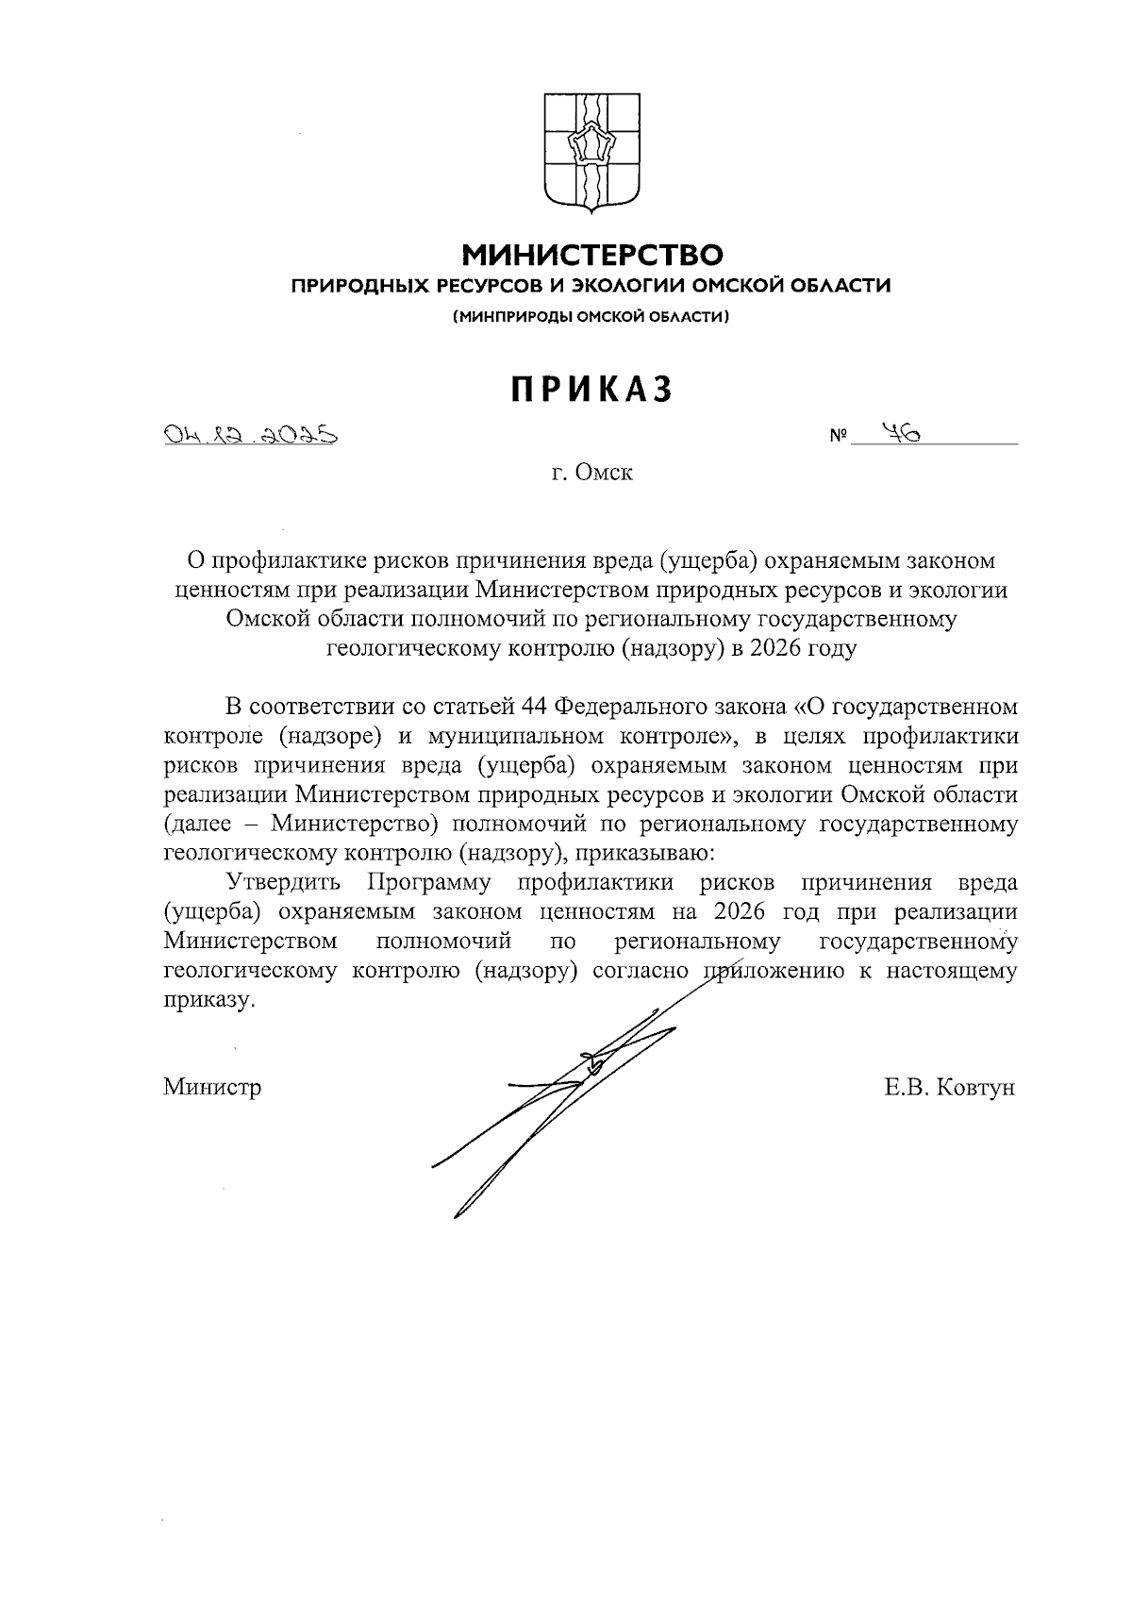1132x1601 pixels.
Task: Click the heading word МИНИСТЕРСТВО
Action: [591, 255]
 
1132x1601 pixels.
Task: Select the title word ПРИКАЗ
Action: [591, 390]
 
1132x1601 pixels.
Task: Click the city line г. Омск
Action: [591, 473]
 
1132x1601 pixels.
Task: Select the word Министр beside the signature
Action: [212, 1087]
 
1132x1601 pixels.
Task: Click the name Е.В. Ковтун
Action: [949, 1087]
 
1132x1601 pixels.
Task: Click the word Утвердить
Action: [283, 883]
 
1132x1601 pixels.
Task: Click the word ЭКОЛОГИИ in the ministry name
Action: [629, 286]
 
